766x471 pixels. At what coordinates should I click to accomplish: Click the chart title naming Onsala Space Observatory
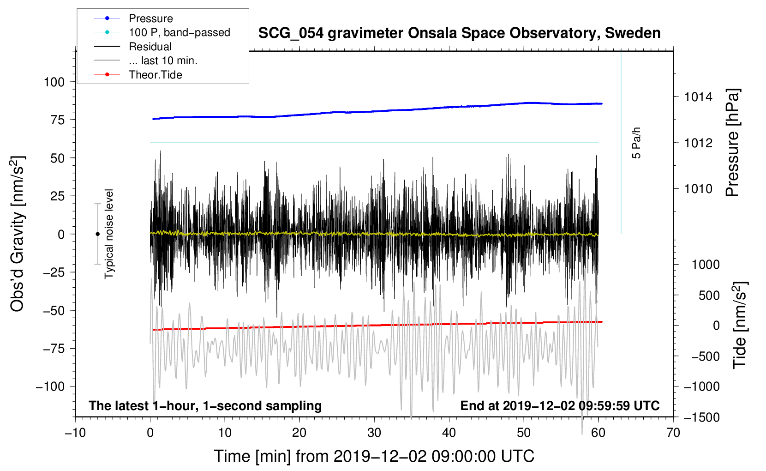(x=459, y=33)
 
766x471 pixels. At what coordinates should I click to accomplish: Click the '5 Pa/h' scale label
(x=636, y=143)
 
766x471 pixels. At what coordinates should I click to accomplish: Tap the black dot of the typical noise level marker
(x=97, y=234)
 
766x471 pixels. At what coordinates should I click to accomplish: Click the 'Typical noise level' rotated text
(x=109, y=234)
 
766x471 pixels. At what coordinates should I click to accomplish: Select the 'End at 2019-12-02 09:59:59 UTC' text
(x=560, y=405)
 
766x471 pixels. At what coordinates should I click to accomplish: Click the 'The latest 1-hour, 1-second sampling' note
(x=205, y=406)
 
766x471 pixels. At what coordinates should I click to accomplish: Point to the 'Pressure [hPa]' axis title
(x=732, y=143)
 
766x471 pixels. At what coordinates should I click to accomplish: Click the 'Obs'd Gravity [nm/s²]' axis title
(x=18, y=234)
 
